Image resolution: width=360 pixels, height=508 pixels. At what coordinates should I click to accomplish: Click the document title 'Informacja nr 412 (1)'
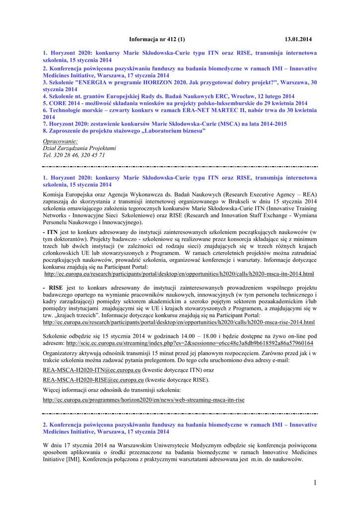click(x=156, y=39)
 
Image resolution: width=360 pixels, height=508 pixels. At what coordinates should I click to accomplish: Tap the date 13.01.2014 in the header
click(x=298, y=39)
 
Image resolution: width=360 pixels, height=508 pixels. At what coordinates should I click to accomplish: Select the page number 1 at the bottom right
click(x=314, y=483)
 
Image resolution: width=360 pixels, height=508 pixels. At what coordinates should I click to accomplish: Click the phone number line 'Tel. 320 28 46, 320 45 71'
click(x=74, y=155)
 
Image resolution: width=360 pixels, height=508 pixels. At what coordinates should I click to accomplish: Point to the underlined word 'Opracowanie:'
click(x=57, y=141)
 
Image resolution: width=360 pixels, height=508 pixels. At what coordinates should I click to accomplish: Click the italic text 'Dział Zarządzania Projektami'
click(x=79, y=148)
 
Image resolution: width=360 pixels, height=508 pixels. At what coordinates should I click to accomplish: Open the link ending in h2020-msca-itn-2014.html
click(x=179, y=273)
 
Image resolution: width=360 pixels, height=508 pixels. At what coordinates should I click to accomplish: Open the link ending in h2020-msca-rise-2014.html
click(x=179, y=322)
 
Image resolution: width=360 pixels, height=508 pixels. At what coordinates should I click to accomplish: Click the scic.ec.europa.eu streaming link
click(x=190, y=343)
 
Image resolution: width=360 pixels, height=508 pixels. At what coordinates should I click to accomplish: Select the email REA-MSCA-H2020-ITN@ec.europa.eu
click(x=92, y=370)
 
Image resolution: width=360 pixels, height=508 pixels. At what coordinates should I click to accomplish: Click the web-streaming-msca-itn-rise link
click(x=144, y=399)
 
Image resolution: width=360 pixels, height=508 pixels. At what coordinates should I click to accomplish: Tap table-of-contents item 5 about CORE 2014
click(x=169, y=103)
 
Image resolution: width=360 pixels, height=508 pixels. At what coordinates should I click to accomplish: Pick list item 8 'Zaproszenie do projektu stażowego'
click(x=124, y=130)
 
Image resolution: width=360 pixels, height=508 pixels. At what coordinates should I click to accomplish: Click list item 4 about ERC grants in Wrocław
click(x=169, y=96)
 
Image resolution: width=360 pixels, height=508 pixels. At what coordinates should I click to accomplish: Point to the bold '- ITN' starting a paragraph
click(x=51, y=232)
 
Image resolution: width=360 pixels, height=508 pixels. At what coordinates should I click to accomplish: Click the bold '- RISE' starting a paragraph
click(x=53, y=287)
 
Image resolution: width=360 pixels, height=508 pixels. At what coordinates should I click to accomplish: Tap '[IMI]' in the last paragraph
click(x=73, y=459)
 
